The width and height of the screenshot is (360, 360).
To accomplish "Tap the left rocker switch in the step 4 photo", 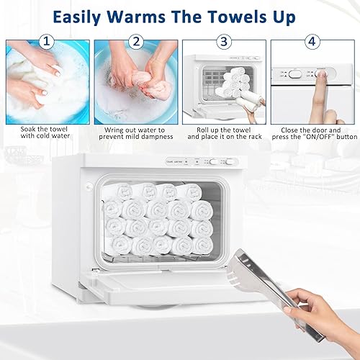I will click(x=294, y=73).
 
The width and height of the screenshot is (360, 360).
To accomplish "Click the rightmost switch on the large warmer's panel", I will click(x=214, y=163).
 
